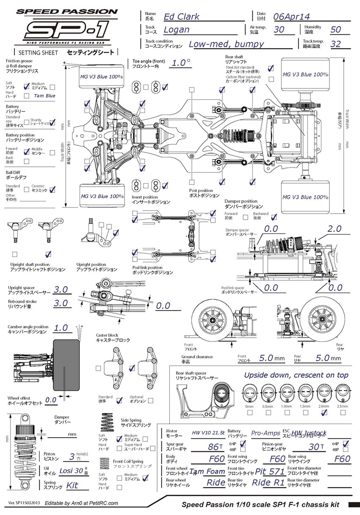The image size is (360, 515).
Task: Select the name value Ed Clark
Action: [x=182, y=17]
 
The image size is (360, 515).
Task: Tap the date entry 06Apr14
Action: [x=291, y=17]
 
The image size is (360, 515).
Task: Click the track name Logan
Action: [x=176, y=30]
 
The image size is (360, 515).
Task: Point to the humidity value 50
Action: [x=335, y=30]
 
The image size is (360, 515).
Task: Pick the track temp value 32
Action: [x=335, y=44]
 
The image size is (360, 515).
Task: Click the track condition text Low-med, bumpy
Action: [x=226, y=44]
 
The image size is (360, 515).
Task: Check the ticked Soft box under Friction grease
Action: [x=27, y=86]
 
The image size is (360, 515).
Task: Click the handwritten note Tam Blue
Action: [x=45, y=96]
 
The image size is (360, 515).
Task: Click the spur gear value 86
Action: [x=212, y=446]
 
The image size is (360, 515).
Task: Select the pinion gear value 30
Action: [x=314, y=446]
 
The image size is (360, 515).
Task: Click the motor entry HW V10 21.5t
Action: [x=208, y=433]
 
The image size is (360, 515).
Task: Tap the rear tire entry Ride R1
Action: [x=268, y=482]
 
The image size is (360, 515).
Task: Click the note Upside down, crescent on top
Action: [x=296, y=375]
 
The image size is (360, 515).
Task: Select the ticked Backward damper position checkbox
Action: [x=274, y=217]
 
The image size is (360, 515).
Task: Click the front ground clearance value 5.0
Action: [x=266, y=358]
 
